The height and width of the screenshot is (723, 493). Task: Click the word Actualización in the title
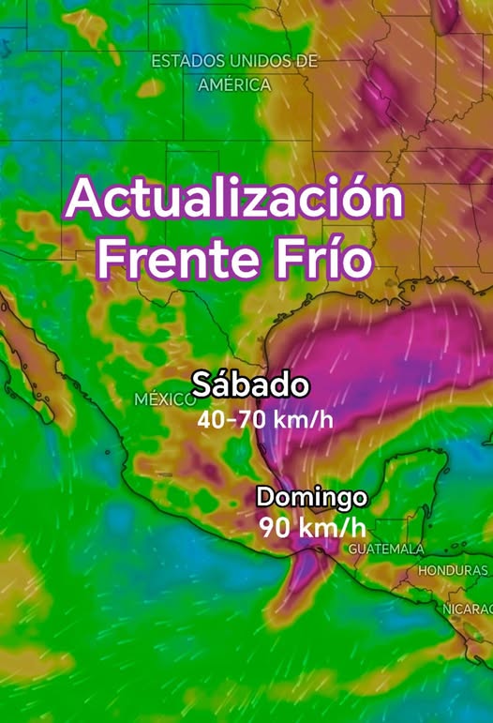point(234,200)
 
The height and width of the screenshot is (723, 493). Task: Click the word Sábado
point(250,384)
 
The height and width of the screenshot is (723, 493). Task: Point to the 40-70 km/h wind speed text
point(265,418)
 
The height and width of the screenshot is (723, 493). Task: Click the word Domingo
point(311,496)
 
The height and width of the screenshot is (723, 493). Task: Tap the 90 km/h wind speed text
point(313,527)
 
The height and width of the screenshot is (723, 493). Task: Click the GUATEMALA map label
point(386,549)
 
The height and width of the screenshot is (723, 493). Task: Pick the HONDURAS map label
point(454,570)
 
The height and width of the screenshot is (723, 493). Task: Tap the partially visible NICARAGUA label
point(468,609)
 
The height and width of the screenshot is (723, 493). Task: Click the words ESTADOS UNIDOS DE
point(234,62)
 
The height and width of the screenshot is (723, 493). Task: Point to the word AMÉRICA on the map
point(234,84)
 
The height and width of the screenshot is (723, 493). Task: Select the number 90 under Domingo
point(274,527)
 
